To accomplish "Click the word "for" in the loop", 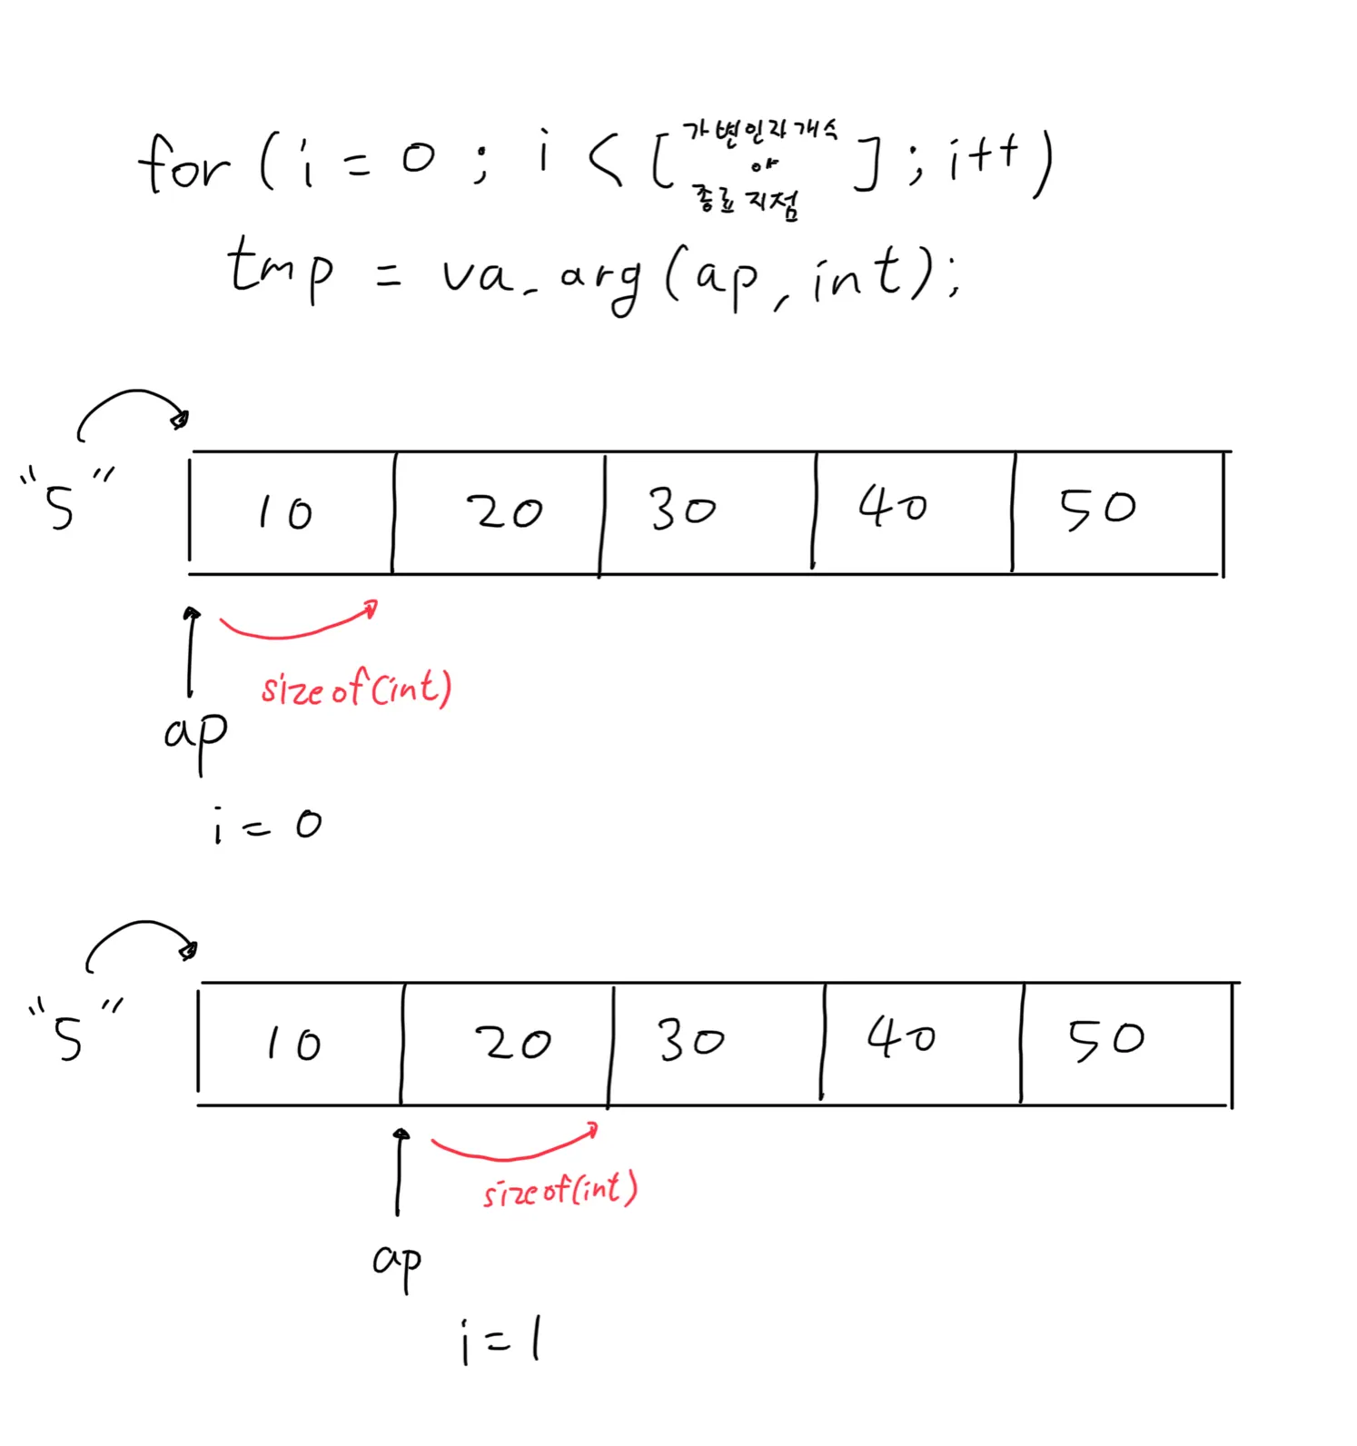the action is (184, 165).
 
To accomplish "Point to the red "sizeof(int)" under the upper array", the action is (356, 688).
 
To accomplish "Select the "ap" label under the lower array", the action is (398, 1262).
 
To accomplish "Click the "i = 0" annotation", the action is (267, 825).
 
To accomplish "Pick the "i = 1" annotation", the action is (500, 1341).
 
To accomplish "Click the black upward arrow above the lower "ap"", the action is (399, 1172).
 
